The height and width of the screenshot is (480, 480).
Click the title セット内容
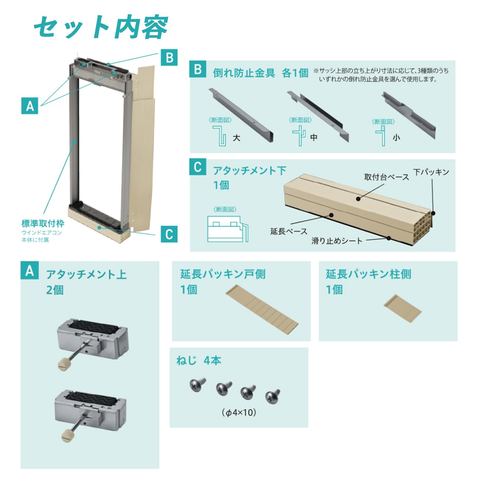click(x=100, y=27)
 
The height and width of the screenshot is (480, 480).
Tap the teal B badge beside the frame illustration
click(x=169, y=58)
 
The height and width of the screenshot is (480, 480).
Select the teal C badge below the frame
click(x=169, y=234)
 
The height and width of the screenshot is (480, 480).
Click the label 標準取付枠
click(x=43, y=223)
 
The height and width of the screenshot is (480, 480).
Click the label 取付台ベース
click(x=386, y=177)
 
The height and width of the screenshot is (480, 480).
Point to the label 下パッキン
click(x=431, y=172)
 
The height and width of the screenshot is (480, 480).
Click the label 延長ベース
click(x=288, y=231)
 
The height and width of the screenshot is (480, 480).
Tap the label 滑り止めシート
click(x=337, y=241)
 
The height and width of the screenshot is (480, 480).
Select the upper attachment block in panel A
click(x=92, y=338)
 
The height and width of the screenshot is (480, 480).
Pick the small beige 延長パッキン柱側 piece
click(x=402, y=307)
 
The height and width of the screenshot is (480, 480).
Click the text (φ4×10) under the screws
click(x=239, y=412)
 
